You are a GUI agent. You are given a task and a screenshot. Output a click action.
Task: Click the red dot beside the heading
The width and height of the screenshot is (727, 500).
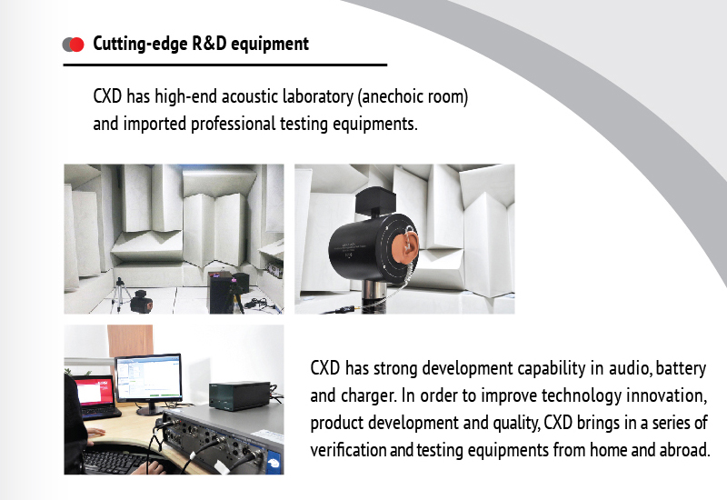(x=76, y=45)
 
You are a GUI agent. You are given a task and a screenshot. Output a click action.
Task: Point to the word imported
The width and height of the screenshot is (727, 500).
(x=154, y=125)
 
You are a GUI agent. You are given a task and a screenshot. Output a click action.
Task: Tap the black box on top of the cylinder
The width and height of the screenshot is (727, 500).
(x=374, y=199)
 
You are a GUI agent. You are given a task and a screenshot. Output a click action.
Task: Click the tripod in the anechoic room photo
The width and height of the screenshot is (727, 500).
(x=121, y=294)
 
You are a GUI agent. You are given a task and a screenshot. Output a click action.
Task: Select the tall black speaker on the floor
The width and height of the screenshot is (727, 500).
(x=221, y=292)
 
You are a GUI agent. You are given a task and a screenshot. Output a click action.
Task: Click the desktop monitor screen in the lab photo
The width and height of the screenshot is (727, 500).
(x=148, y=377)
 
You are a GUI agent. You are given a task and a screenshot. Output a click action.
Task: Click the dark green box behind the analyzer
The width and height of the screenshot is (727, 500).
(x=239, y=395)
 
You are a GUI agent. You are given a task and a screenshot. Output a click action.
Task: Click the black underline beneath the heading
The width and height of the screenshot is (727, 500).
(x=224, y=65)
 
